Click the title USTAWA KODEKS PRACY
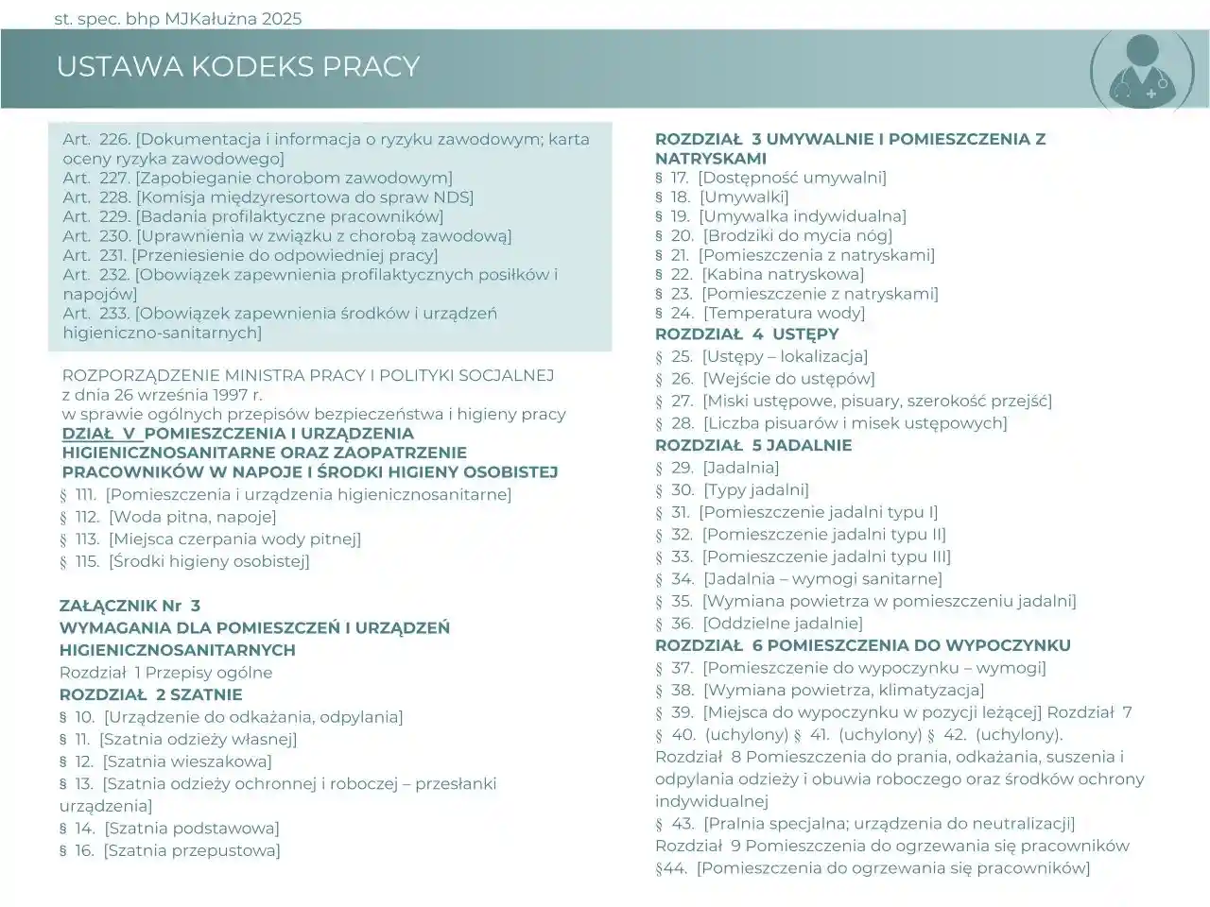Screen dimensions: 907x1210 coord(237,66)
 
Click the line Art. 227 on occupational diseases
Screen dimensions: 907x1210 coord(257,178)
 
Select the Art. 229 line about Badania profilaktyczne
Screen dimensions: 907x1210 coord(252,216)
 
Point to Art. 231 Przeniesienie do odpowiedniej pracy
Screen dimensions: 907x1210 coord(250,255)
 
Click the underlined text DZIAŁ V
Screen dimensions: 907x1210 coord(101,434)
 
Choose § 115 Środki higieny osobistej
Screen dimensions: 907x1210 coord(184,561)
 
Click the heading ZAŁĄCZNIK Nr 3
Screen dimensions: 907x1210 coord(130,606)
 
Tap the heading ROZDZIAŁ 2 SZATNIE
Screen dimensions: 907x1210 coord(150,694)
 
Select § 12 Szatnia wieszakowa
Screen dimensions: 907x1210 coord(165,762)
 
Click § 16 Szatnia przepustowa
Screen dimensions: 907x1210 coord(170,850)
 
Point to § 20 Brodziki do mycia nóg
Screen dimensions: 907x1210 coord(773,235)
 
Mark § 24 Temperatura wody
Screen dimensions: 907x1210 coord(760,313)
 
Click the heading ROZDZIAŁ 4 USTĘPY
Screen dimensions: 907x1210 coord(747,334)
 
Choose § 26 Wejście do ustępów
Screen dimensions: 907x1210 coord(765,379)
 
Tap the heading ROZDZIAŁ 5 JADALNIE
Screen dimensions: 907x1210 coord(753,445)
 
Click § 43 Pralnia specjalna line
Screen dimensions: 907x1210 coord(865,824)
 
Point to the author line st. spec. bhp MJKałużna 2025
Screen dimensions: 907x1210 coord(179,19)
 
